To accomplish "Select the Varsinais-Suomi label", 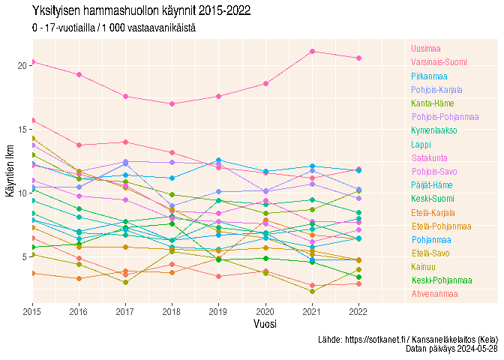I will (439, 62).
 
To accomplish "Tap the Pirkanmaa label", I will (429, 76).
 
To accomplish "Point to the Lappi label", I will (421, 144).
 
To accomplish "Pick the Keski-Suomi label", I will (433, 199).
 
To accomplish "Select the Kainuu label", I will (423, 266).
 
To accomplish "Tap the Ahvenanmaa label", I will (434, 294).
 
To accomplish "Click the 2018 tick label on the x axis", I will (172, 310).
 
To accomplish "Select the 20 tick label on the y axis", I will (22, 65).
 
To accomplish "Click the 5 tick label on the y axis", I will (25, 256).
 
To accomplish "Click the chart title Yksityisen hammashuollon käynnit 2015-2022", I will (141, 11).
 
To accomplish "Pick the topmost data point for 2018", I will (172, 103).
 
